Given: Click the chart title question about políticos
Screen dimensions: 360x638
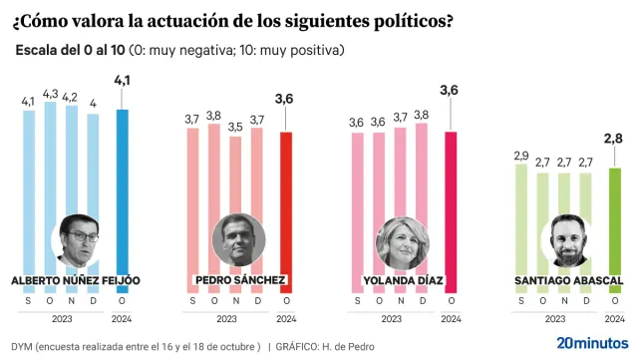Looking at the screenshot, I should [229, 18].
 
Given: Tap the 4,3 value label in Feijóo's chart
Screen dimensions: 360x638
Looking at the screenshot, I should [49, 94].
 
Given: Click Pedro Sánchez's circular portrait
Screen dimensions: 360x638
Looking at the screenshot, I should [237, 239].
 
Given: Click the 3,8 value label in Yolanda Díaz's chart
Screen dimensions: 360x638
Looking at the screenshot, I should [422, 115].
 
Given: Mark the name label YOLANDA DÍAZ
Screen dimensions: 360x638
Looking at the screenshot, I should [401, 280].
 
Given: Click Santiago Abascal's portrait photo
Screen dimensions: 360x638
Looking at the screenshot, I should [563, 239].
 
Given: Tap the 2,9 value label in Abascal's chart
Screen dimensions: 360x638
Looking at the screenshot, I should [519, 157].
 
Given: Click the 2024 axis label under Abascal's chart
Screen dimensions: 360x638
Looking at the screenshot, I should [614, 318].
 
